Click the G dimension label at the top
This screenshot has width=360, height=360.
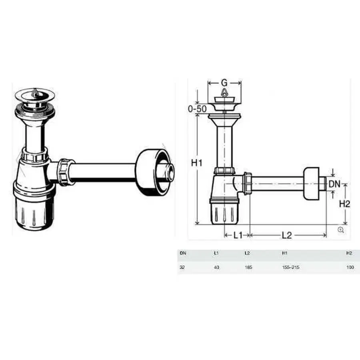pos(224,83)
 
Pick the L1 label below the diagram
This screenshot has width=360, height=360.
pos(238,235)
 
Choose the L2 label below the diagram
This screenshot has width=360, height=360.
pos(286,235)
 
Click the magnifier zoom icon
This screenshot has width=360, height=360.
pos(341,229)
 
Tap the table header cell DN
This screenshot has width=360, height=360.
pos(183,253)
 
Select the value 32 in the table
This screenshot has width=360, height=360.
pos(182,267)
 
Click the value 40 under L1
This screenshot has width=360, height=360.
pos(216,267)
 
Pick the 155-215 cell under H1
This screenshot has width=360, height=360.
pos(291,267)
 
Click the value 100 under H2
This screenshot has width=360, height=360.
pos(350,267)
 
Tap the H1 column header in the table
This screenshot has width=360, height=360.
pos(284,253)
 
